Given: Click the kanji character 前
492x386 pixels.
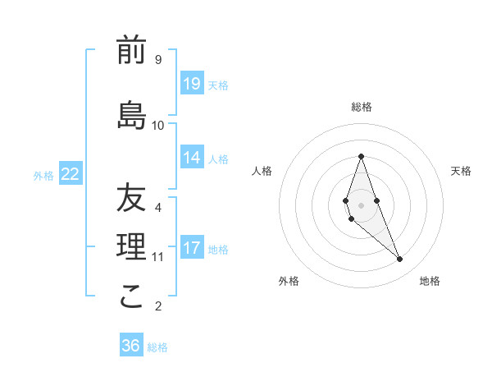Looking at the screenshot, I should [x=131, y=51].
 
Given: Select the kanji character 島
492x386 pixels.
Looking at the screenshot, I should [x=131, y=116].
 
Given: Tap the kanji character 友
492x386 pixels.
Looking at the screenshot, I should [x=131, y=198].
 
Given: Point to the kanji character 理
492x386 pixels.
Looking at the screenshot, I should [x=131, y=246].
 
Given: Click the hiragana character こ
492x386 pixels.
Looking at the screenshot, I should [x=131, y=297].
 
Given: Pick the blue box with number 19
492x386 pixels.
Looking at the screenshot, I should [x=192, y=84].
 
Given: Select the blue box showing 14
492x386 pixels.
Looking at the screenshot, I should [x=192, y=158].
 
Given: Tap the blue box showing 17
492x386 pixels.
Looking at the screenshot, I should [x=192, y=248].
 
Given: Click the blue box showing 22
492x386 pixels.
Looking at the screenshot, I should [x=71, y=174].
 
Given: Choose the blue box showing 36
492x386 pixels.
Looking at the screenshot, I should [x=131, y=346].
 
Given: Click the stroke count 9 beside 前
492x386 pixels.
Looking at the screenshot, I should [x=158, y=60].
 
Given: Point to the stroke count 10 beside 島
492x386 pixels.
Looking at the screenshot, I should [x=158, y=126].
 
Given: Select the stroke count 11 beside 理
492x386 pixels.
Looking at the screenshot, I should [x=158, y=257].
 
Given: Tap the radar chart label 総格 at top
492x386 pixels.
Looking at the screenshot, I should [x=361, y=107].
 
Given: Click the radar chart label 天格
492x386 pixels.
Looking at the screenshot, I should [x=461, y=171].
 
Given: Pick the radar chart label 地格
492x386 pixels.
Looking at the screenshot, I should [x=430, y=282].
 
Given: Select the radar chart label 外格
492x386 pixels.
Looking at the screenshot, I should [x=289, y=282].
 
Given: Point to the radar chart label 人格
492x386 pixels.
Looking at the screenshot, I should [x=262, y=171].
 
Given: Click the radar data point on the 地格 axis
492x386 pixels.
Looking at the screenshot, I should [x=399, y=260].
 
